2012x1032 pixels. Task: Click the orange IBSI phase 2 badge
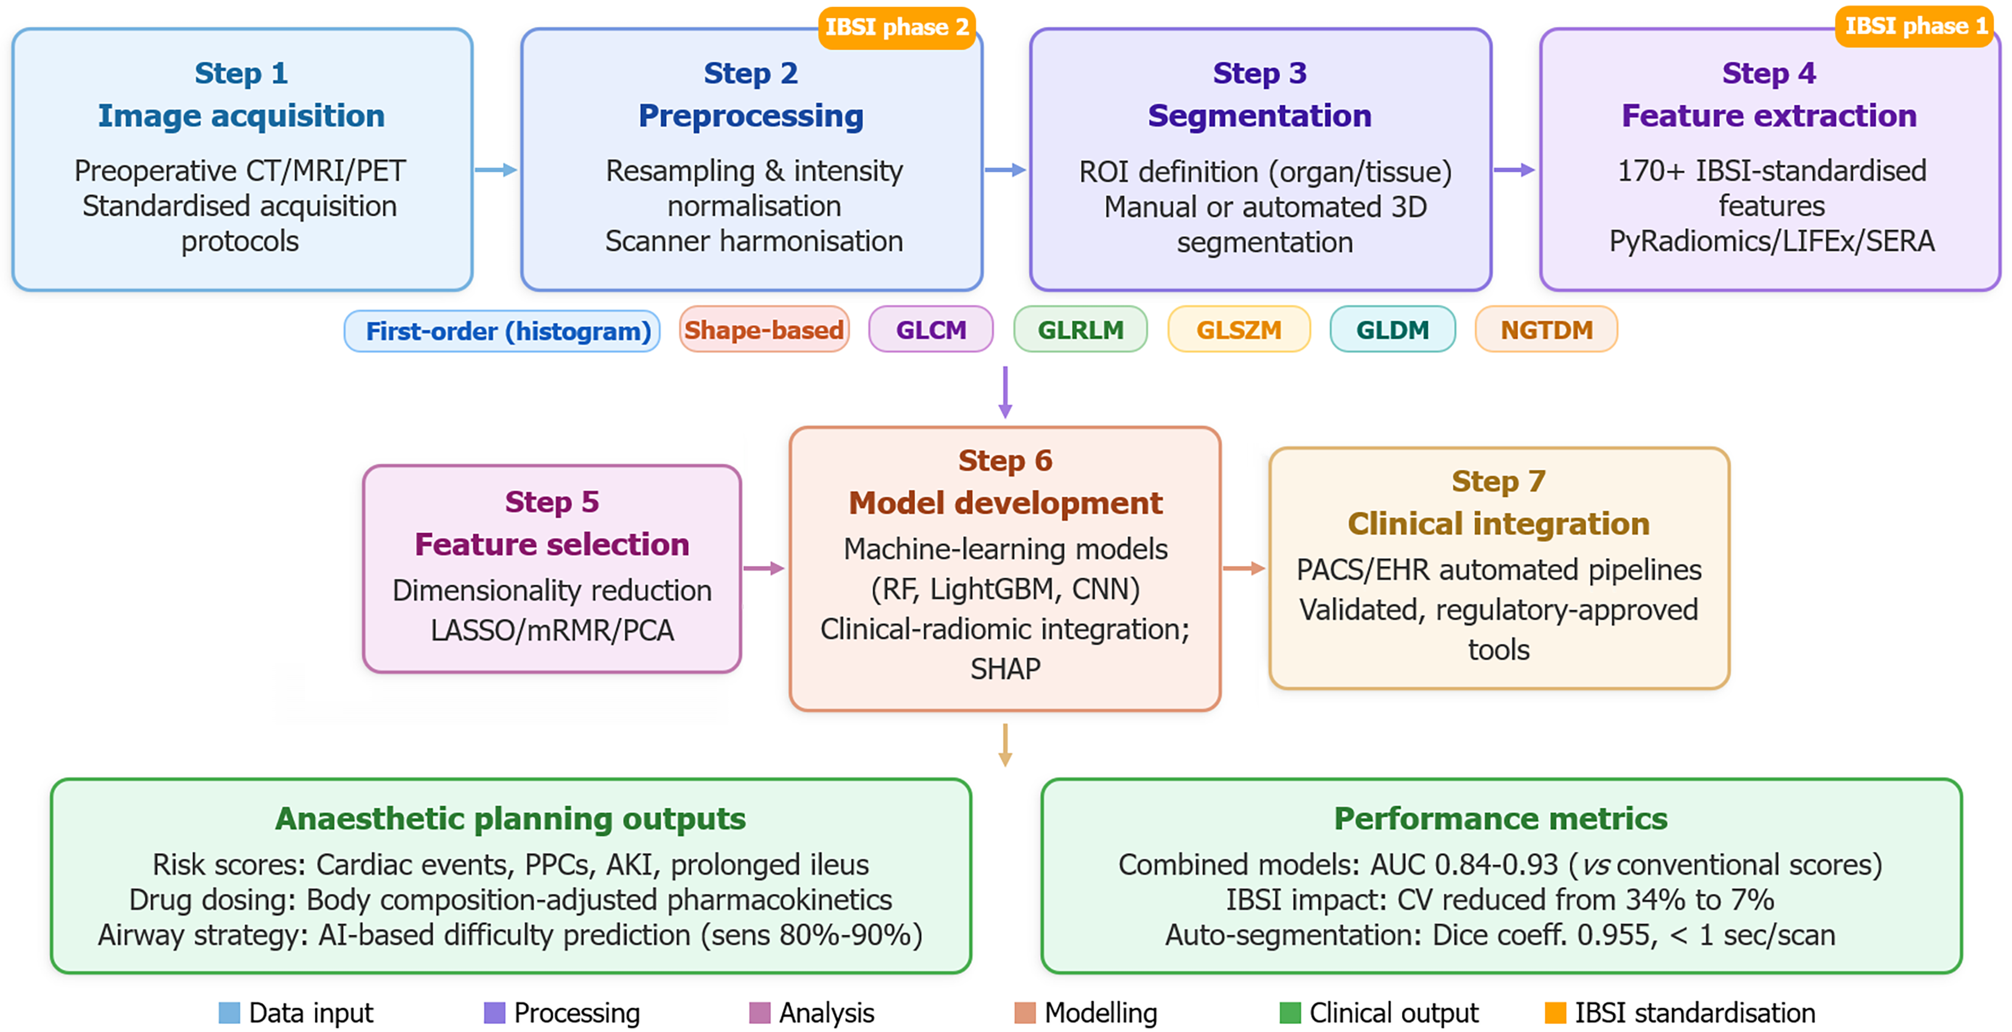point(897,28)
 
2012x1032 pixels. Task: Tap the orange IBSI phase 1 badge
point(1915,27)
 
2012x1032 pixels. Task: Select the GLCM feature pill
point(931,330)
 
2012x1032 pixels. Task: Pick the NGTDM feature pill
point(1547,330)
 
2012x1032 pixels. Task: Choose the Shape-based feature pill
point(764,330)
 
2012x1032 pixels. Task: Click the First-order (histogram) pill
point(502,331)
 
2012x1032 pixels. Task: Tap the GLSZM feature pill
point(1239,330)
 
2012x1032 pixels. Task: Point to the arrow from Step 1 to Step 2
point(496,170)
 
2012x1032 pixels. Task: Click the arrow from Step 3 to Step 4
point(1514,170)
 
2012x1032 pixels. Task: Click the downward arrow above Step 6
point(1005,392)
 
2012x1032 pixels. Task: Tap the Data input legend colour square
point(229,1013)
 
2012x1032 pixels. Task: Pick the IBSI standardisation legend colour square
point(1555,1013)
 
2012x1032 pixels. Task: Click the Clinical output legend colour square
point(1290,1013)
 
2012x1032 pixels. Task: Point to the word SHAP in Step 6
point(1005,669)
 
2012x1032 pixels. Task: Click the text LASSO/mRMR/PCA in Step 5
point(552,630)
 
